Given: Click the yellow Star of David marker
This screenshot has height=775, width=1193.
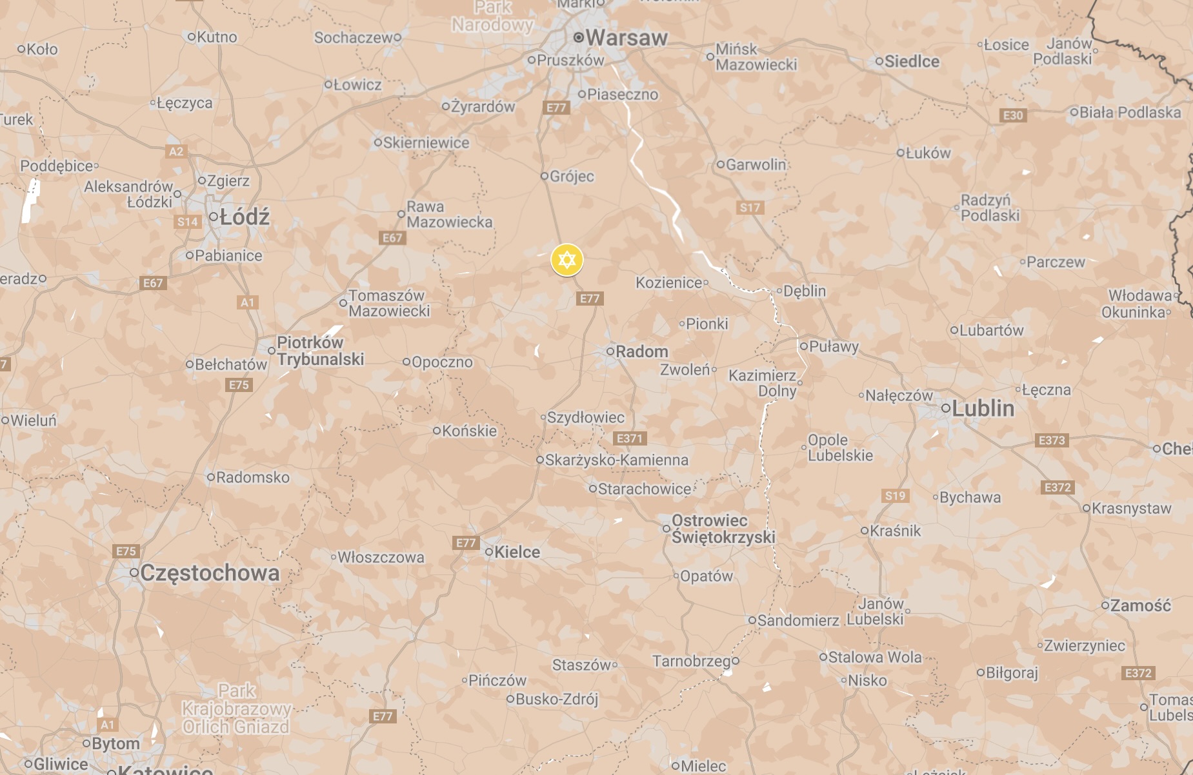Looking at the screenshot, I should point(566,260).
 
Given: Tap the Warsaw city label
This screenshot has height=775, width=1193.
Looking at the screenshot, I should point(626,38).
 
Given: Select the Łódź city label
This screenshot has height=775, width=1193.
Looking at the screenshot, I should point(244,217).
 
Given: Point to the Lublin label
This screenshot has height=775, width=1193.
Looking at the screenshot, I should point(983,408).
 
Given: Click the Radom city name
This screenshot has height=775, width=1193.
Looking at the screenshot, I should point(641,351).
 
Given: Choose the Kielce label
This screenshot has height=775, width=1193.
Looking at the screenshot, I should point(517,552).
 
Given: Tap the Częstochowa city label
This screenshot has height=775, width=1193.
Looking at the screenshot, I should point(210,573).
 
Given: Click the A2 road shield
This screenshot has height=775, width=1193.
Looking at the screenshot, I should point(176,152).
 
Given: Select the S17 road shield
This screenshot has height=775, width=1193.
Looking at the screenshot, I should point(750,208).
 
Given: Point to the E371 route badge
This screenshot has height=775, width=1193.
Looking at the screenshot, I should point(630,438).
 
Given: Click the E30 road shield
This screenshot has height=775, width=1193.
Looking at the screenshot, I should point(1013,115).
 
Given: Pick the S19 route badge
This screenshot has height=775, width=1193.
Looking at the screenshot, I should point(895,496).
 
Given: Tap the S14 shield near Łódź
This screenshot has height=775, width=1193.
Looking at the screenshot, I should point(188,222).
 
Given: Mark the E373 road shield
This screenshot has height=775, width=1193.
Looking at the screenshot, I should point(1052,440).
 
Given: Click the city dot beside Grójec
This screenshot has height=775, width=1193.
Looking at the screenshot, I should point(544,176).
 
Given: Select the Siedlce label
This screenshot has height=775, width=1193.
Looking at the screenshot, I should point(912,62).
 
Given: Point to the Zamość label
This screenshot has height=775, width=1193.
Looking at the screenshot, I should point(1140,605).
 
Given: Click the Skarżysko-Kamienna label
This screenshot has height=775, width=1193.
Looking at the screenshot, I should point(616,460).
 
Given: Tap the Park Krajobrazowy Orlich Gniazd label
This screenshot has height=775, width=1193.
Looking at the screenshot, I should point(236,709).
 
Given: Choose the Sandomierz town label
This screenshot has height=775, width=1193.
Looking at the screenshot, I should point(798,620).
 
